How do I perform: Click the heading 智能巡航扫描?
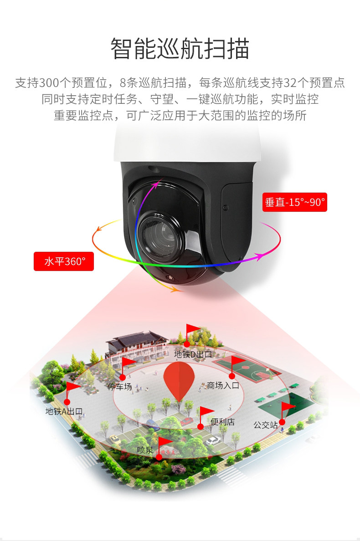180,49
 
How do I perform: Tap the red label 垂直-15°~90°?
295,202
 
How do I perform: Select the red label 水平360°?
64,261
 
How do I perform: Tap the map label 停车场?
119,387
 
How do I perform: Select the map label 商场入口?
223,386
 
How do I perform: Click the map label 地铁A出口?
64,411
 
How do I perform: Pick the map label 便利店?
222,422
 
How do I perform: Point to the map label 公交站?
266,425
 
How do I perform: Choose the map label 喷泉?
145,449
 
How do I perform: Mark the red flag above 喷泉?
165,441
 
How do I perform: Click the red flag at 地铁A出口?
72,387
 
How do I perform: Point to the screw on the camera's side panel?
225,207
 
